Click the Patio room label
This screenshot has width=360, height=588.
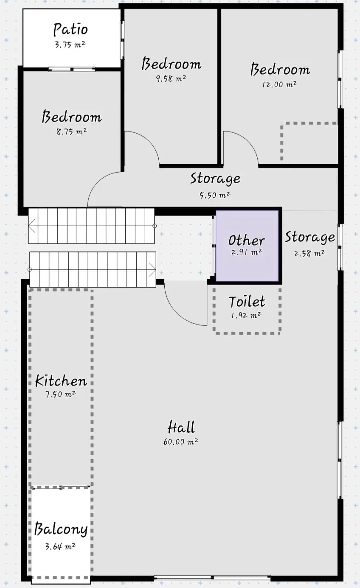coord(70,29)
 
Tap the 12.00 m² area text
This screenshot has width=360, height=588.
coord(280,84)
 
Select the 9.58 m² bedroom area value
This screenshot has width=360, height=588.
coord(171,78)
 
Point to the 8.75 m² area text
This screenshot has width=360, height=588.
coord(72,131)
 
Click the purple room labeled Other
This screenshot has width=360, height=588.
coord(247,246)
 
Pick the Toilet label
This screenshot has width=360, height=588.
coord(247,302)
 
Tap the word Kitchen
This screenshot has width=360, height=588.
coord(61,381)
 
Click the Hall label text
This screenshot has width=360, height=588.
coord(181,427)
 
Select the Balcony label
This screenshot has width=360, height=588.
coord(61,529)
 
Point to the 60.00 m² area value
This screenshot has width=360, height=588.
coord(181,442)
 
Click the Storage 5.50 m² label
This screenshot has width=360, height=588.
coord(215,185)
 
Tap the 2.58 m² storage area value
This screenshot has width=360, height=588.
coord(309,253)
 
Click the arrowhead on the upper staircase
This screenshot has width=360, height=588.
coord(32,226)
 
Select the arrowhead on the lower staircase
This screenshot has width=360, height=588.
coord(152,269)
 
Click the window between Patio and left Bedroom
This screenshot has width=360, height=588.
coord(72,69)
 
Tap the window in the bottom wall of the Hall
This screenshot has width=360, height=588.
coord(212,578)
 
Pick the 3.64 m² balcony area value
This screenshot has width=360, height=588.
coord(60,547)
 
